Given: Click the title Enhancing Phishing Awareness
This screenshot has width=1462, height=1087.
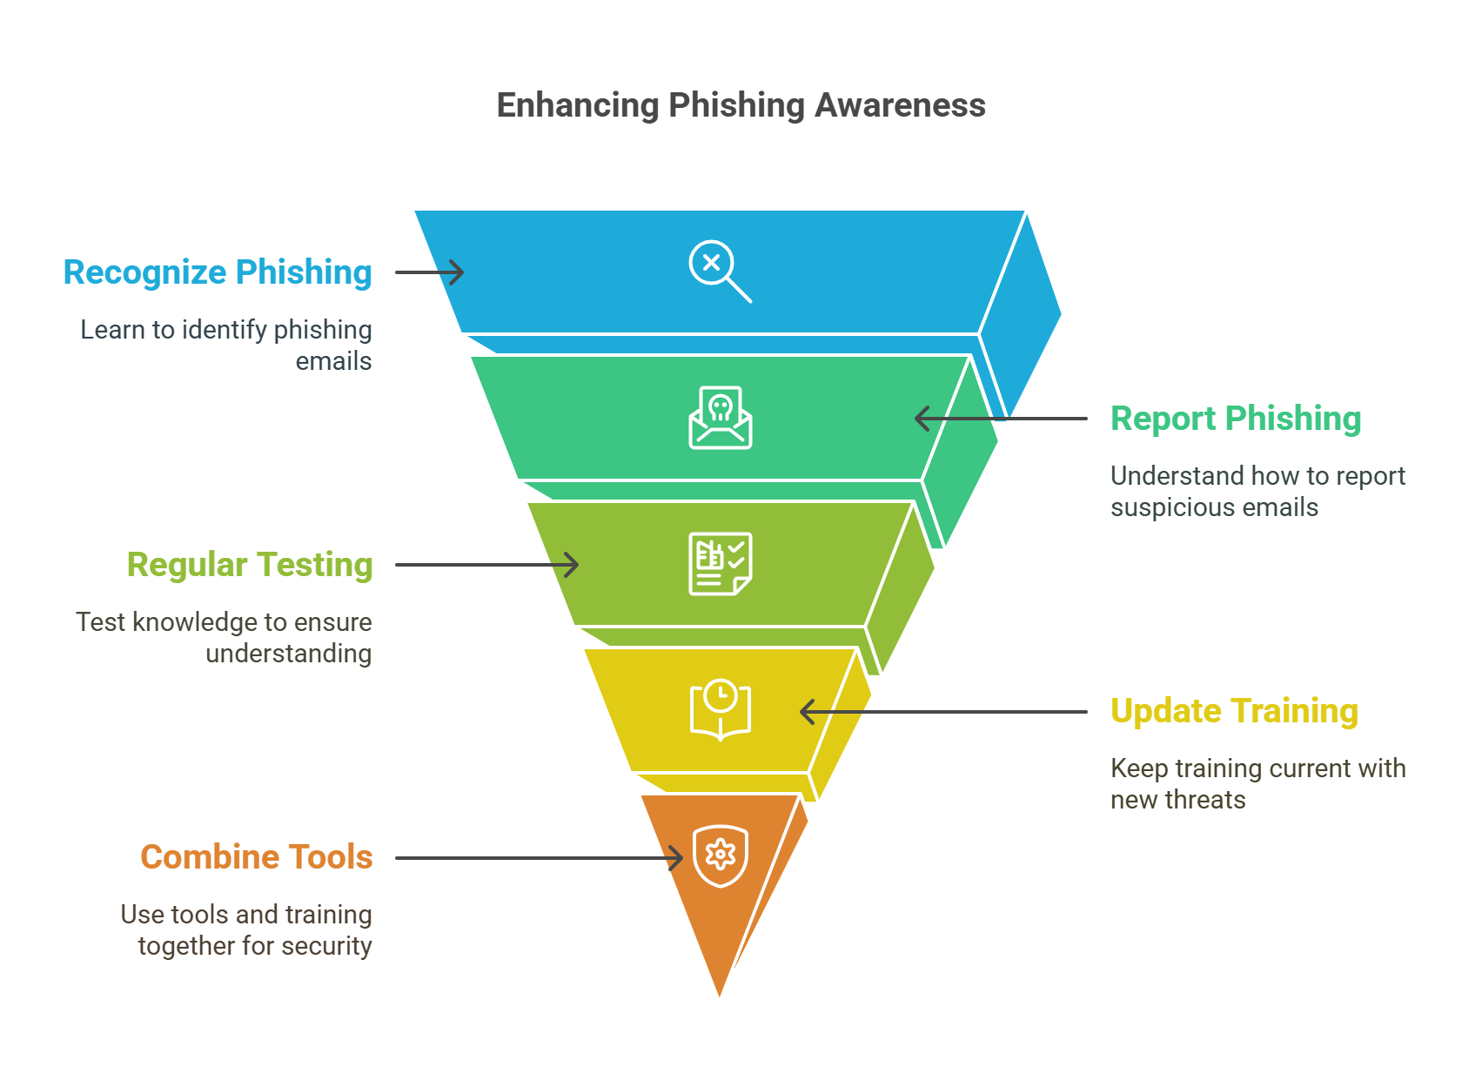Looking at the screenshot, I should (741, 105).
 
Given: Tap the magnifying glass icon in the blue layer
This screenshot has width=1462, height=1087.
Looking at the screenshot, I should (720, 271).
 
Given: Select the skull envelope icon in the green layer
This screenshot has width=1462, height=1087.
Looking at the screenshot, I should (721, 418).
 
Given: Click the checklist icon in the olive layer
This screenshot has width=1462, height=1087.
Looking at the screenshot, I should (721, 564).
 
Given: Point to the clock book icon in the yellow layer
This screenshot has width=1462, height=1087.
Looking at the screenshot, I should (721, 710).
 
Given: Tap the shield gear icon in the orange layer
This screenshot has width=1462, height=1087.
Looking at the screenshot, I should (721, 856).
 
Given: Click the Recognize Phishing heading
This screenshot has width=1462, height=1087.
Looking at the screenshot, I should (218, 272).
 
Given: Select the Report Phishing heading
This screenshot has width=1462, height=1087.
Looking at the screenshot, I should (1236, 419).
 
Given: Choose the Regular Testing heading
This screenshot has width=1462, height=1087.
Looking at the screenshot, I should (250, 565).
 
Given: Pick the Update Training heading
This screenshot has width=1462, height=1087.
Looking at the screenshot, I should (1234, 711).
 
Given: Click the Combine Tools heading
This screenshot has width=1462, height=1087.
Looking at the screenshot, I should (257, 857).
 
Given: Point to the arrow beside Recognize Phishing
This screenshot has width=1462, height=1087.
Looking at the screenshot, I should (430, 272).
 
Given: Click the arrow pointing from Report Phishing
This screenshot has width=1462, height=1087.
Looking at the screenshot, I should (1001, 419).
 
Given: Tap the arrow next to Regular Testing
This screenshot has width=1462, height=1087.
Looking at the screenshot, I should (487, 565).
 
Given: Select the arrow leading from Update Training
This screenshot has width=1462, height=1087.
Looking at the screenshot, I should (943, 712).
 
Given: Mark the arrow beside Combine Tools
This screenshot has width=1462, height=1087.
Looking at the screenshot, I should (540, 858).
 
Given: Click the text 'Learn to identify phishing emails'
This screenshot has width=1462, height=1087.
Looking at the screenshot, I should (226, 346).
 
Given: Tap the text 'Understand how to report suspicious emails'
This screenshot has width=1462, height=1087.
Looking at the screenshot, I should (1257, 492).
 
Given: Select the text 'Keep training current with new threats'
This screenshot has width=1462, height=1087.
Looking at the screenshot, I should (1257, 784).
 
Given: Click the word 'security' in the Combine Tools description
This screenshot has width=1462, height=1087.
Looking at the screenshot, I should (326, 946).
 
